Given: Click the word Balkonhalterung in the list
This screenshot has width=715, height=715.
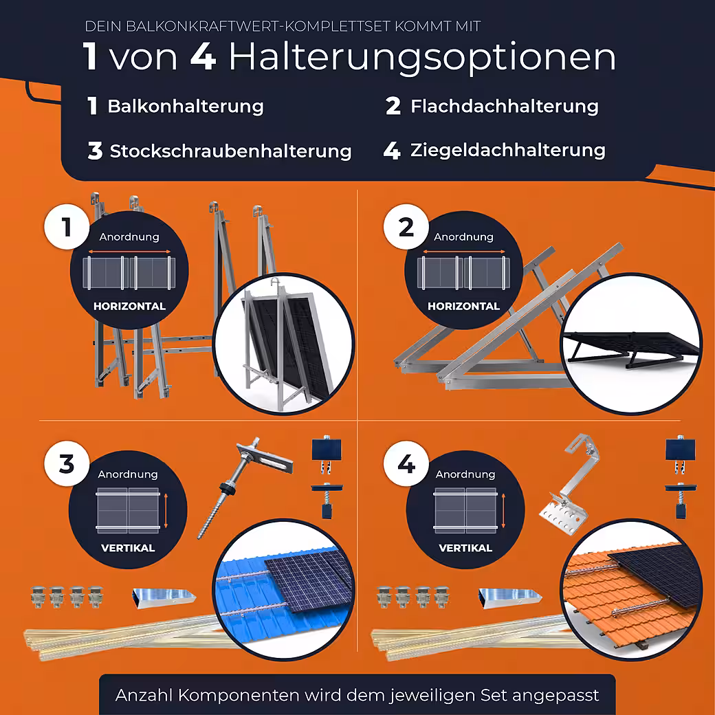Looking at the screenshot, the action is point(186,107).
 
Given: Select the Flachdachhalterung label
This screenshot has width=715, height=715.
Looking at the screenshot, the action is point(505,107).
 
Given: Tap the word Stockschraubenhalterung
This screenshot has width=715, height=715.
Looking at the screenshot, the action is point(231,151).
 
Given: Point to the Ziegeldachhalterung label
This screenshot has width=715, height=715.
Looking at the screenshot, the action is point(508,150).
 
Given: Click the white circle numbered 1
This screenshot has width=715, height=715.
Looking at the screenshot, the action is point(67,227).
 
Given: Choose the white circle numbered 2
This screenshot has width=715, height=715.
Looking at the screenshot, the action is point(406,227).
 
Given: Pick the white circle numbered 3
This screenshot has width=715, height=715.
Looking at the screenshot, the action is point(67,463).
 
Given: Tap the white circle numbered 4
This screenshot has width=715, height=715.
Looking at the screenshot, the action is point(406,463).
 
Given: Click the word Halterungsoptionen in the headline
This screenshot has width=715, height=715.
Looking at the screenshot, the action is point(422,58).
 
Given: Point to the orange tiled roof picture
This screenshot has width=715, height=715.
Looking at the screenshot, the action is point(631,589).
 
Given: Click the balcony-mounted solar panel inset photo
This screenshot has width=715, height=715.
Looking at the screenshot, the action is point(284,344).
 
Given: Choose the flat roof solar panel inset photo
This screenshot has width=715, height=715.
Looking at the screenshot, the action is point(631,344).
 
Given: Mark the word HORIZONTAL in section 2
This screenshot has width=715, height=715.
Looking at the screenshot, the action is point(464,306).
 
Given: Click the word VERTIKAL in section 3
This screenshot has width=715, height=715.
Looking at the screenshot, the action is point(128,548).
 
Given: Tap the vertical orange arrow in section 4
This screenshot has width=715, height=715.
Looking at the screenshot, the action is point(503,511).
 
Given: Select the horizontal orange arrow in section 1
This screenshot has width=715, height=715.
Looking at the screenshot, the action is point(129,251).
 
